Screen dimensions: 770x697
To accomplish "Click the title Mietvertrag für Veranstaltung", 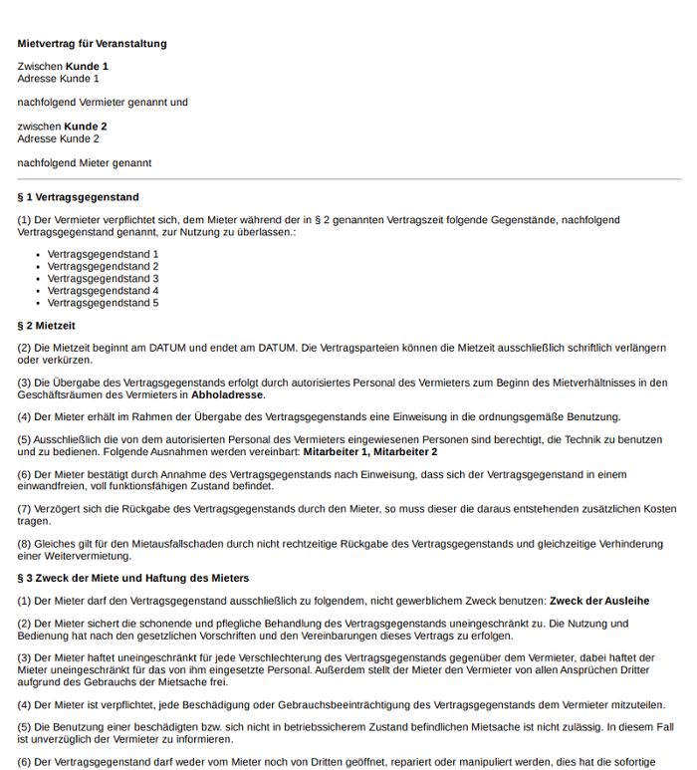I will [92, 44].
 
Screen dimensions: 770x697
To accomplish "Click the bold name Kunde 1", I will [87, 67].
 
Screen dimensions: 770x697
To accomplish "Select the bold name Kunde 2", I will [86, 127].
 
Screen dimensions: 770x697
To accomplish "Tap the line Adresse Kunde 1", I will [58, 79].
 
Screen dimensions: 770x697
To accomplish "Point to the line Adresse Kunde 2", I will [58, 138].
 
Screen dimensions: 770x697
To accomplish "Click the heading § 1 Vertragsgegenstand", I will [78, 197].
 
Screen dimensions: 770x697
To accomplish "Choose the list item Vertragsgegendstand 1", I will [103, 254].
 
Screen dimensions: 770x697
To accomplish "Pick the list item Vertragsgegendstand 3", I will [103, 278].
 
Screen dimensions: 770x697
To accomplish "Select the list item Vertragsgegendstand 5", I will [103, 303].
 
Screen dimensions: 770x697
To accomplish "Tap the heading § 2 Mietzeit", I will [46, 326].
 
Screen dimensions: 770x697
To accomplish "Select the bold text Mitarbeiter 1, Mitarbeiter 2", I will [369, 452].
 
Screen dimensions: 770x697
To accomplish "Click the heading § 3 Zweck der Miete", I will [132, 578].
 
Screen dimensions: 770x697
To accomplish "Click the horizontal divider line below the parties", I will [348, 179].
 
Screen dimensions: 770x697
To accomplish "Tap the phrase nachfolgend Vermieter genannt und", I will [102, 103].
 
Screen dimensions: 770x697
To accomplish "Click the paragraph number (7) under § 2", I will [24, 509].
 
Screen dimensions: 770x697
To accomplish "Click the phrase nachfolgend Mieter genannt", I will [84, 162].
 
